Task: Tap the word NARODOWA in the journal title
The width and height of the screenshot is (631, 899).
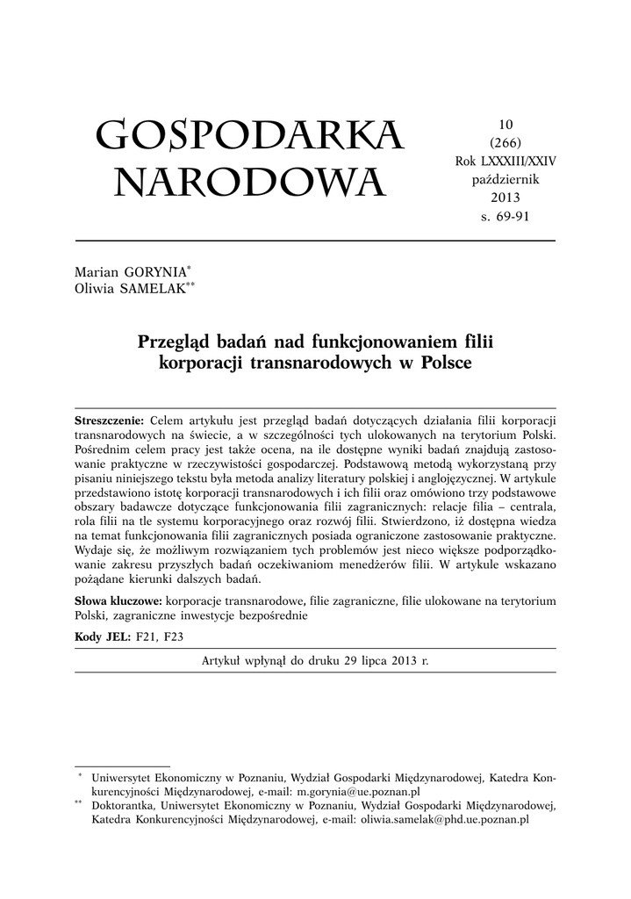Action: [x=249, y=183]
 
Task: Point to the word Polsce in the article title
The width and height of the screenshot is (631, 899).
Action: [x=444, y=362]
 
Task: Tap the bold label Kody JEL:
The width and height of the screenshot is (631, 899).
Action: [x=104, y=635]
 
